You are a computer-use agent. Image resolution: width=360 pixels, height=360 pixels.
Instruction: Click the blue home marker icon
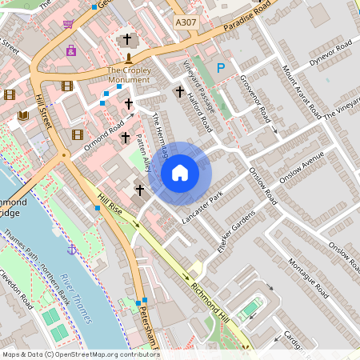coord(180,173)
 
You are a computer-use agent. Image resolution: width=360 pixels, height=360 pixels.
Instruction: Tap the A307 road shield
coord(186,24)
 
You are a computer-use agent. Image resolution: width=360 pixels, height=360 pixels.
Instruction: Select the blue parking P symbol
coord(221,70)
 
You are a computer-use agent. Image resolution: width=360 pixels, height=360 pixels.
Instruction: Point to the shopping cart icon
coord(68,24)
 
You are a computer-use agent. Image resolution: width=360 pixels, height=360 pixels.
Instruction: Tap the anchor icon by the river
coord(72,250)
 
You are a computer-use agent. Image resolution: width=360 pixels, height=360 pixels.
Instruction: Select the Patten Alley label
coord(144,153)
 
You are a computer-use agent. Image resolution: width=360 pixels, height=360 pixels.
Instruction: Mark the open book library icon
coord(23,116)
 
